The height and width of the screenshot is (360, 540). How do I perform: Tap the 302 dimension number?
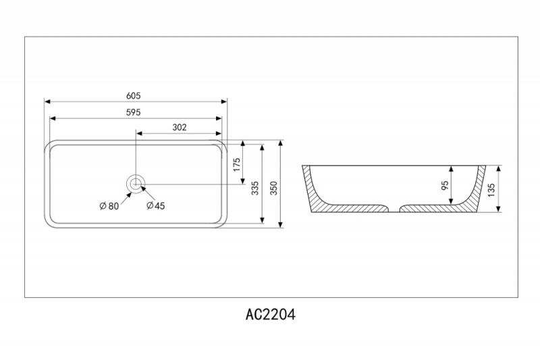[x=179, y=126]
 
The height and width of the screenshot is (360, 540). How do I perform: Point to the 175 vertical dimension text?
[x=237, y=165]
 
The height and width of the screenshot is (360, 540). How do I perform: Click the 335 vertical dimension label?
[x=255, y=188]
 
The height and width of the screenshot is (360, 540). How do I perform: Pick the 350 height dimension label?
[x=274, y=188]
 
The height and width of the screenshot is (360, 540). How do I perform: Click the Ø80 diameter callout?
[x=109, y=206]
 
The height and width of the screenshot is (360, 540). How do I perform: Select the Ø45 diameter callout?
[x=156, y=206]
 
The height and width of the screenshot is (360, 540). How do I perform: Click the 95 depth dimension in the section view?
[x=445, y=187]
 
